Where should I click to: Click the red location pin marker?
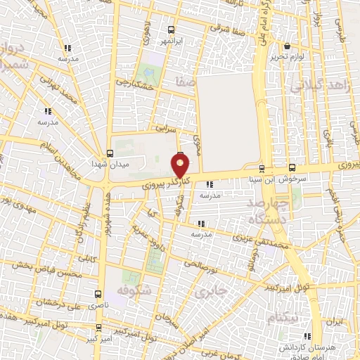coord(181,166)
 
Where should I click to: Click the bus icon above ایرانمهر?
coord(172,30)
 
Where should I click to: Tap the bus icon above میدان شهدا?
coord(110,153)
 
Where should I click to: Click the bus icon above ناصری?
coord(97,295)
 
